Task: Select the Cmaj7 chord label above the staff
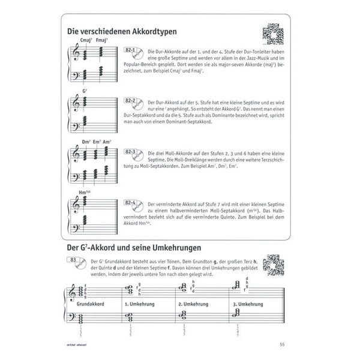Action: pyautogui.click(x=85, y=40)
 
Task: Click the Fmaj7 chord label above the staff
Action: pyautogui.click(x=101, y=40)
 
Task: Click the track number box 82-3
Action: pyautogui.click(x=131, y=152)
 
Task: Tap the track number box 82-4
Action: pyautogui.click(x=131, y=203)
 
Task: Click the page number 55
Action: pyautogui.click(x=282, y=343)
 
